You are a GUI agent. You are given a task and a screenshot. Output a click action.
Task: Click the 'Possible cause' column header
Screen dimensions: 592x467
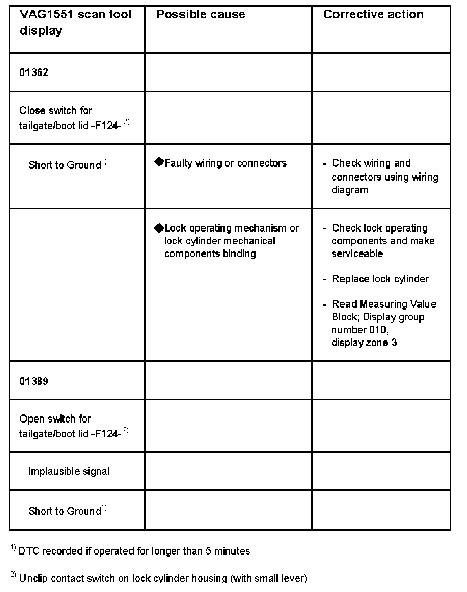click(201, 14)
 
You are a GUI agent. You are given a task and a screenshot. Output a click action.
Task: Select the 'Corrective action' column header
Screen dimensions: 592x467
click(373, 14)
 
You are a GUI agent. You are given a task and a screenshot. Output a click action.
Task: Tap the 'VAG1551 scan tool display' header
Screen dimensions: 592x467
click(75, 22)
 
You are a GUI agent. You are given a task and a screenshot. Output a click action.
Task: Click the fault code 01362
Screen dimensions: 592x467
click(34, 72)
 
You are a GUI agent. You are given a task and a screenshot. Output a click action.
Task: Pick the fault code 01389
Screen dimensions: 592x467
click(34, 381)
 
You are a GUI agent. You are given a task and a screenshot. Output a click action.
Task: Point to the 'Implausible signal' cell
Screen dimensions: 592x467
click(69, 471)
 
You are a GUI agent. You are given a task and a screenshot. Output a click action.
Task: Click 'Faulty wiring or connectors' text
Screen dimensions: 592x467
click(225, 163)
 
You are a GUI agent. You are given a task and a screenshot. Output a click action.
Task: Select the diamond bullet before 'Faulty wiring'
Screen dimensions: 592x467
click(159, 162)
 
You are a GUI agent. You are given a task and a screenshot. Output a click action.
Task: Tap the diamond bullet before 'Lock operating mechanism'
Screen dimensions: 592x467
click(159, 228)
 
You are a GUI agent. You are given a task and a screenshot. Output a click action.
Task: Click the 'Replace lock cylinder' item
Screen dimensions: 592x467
click(380, 279)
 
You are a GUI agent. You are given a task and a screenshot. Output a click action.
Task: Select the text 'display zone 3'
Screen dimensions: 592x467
click(364, 343)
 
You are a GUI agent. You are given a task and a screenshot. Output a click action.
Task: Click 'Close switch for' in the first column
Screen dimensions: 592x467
click(55, 110)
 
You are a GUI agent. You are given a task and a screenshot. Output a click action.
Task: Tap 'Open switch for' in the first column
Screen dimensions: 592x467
click(55, 419)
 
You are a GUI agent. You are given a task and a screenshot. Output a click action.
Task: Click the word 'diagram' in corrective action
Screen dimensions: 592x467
click(350, 190)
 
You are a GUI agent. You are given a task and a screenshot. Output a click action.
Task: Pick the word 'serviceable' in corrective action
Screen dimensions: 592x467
click(357, 254)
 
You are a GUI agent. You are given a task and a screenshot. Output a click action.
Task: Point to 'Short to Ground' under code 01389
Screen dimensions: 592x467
click(65, 511)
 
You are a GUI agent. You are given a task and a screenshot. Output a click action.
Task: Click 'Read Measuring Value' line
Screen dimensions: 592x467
click(384, 304)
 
